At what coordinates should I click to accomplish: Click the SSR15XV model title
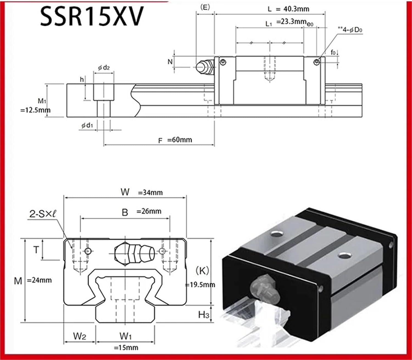92,16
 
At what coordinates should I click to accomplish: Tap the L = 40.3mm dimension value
288,9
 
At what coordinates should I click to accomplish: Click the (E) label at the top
205,7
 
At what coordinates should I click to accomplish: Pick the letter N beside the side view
170,62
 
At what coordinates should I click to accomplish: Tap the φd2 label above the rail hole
104,68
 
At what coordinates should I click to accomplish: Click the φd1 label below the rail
87,126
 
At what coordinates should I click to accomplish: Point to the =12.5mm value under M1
35,110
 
